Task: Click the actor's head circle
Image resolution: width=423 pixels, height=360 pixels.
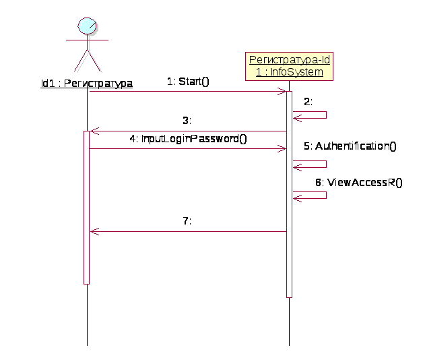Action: (88, 26)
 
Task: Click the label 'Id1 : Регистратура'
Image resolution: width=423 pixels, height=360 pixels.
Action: (86, 84)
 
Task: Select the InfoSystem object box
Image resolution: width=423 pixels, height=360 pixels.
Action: (289, 66)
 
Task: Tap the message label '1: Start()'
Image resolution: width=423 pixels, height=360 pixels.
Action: (189, 82)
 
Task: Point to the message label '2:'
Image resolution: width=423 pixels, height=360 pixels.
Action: (308, 102)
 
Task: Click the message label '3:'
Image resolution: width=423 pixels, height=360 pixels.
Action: (187, 121)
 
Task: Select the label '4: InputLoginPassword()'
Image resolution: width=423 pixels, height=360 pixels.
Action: (189, 139)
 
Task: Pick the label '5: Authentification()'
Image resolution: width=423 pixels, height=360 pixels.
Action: (350, 146)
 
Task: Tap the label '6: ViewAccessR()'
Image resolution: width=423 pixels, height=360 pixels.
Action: (358, 182)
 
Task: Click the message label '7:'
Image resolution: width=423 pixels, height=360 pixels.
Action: (188, 220)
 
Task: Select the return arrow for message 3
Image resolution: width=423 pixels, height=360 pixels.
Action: (189, 131)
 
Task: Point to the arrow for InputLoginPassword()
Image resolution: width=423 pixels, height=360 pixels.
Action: (189, 149)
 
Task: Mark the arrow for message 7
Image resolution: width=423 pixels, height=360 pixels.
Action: (189, 231)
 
